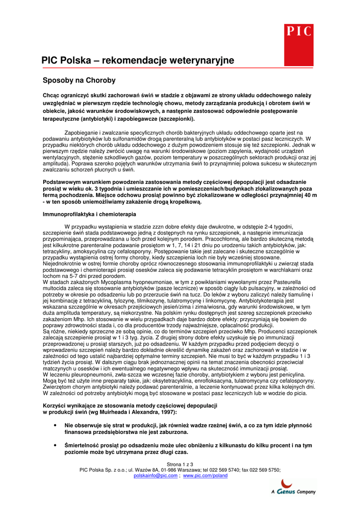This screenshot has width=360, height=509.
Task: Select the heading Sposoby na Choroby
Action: pyautogui.click(x=79, y=80)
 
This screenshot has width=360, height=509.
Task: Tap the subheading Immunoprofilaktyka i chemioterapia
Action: pyautogui.click(x=89, y=214)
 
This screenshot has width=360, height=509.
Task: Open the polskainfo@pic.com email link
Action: pyautogui.click(x=156, y=476)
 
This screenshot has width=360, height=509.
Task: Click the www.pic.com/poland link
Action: pyautogui.click(x=205, y=476)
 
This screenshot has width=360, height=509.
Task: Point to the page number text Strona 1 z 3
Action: pyautogui.click(x=180, y=464)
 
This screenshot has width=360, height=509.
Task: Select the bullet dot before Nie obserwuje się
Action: pyautogui.click(x=54, y=426)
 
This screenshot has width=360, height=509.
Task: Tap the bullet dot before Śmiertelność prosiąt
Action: pyautogui.click(x=54, y=446)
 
